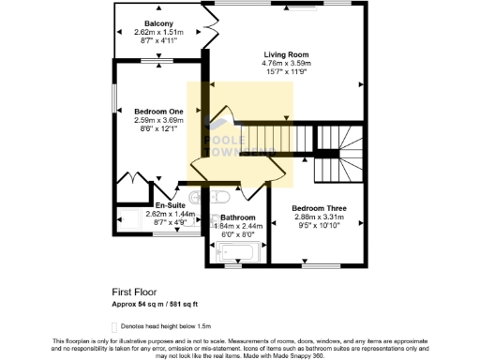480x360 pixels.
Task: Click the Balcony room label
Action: point(159,22)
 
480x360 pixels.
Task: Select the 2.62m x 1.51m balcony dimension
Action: point(159,32)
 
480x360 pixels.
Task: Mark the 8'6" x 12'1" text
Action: point(156,129)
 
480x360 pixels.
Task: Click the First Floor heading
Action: point(132,292)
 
